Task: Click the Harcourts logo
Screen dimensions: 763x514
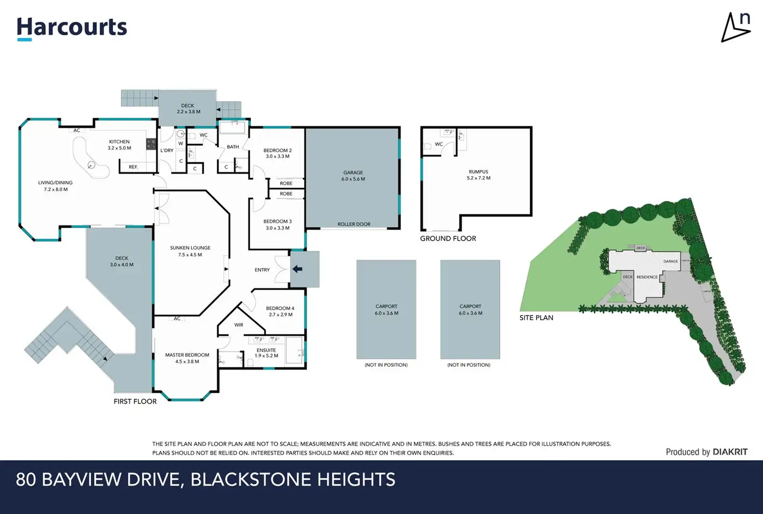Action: click(72, 28)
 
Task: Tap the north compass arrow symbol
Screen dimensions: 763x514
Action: click(736, 28)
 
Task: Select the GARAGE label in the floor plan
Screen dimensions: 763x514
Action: click(353, 173)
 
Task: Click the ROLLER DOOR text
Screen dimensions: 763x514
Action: click(354, 224)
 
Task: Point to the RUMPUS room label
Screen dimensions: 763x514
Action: click(478, 172)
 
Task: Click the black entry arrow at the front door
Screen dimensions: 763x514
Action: click(298, 269)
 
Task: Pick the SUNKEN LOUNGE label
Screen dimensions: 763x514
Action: click(190, 248)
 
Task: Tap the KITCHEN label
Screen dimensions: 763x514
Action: click(119, 141)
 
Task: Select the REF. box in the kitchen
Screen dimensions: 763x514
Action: click(133, 167)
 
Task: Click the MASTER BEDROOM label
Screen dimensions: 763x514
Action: click(187, 355)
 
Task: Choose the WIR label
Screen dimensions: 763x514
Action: click(238, 325)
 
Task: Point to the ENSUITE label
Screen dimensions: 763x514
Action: click(266, 350)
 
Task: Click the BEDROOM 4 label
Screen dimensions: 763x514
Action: click(280, 308)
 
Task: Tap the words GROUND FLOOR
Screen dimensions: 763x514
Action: click(448, 239)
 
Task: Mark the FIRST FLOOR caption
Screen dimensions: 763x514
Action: click(135, 402)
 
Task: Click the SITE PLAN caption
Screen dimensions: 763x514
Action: click(536, 318)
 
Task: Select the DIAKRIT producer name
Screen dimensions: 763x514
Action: click(730, 452)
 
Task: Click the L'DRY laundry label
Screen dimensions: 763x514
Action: click(167, 151)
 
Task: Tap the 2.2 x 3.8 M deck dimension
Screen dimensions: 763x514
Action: click(188, 112)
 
